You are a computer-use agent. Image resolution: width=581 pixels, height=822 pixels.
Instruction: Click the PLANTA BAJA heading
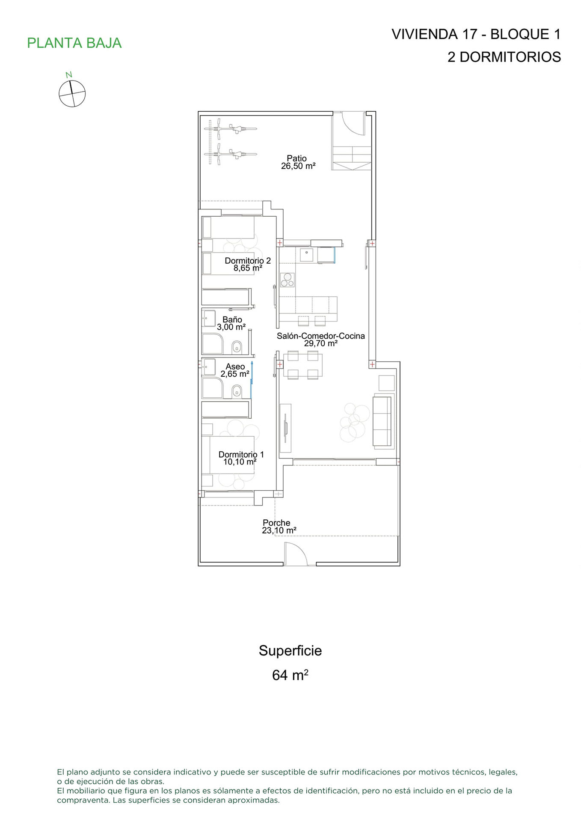click(74, 43)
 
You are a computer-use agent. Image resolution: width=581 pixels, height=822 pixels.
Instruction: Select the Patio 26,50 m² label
click(298, 162)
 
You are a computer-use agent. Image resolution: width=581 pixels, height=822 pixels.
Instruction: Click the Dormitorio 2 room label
click(248, 264)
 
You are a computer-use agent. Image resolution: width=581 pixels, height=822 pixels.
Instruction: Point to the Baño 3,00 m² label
click(231, 323)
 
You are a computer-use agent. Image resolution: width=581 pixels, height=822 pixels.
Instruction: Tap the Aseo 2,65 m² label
click(235, 370)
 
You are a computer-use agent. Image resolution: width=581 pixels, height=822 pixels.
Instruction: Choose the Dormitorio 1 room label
click(241, 458)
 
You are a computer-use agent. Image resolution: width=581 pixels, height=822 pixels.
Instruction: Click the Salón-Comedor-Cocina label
click(320, 340)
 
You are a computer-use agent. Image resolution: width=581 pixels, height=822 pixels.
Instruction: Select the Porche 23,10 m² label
click(279, 527)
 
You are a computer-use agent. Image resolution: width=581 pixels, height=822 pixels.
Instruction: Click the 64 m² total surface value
click(290, 675)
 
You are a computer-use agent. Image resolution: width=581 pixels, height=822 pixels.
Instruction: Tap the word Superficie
click(290, 651)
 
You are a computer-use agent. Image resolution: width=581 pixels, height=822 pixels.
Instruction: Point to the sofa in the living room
click(383, 421)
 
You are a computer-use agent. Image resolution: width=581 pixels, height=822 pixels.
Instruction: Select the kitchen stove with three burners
click(287, 280)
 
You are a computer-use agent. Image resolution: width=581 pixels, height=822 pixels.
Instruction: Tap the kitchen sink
click(306, 255)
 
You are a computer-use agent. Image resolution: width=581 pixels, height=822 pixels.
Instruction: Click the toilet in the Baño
click(237, 347)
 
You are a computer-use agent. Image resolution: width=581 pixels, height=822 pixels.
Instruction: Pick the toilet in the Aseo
click(237, 391)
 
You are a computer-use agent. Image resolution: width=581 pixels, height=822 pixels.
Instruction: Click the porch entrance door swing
click(296, 554)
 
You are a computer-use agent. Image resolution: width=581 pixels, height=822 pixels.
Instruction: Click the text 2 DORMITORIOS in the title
click(504, 57)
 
